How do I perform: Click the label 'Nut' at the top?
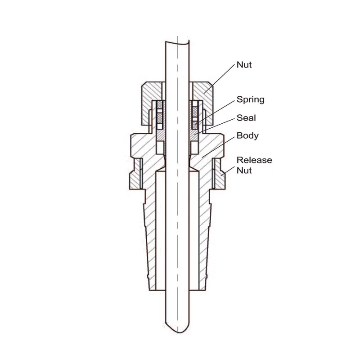[x=244, y=65]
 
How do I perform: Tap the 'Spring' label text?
[x=251, y=99]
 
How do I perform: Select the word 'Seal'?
[x=246, y=118]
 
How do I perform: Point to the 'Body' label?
[x=247, y=135]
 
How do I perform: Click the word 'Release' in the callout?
[x=254, y=160]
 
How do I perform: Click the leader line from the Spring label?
[x=215, y=112]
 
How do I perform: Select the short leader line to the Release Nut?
[x=228, y=171]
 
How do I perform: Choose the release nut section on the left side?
[x=135, y=174]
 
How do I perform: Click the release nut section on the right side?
[x=220, y=174]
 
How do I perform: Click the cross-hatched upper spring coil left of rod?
[x=160, y=105]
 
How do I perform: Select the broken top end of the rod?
[x=177, y=43]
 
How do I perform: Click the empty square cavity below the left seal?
[x=160, y=148]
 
